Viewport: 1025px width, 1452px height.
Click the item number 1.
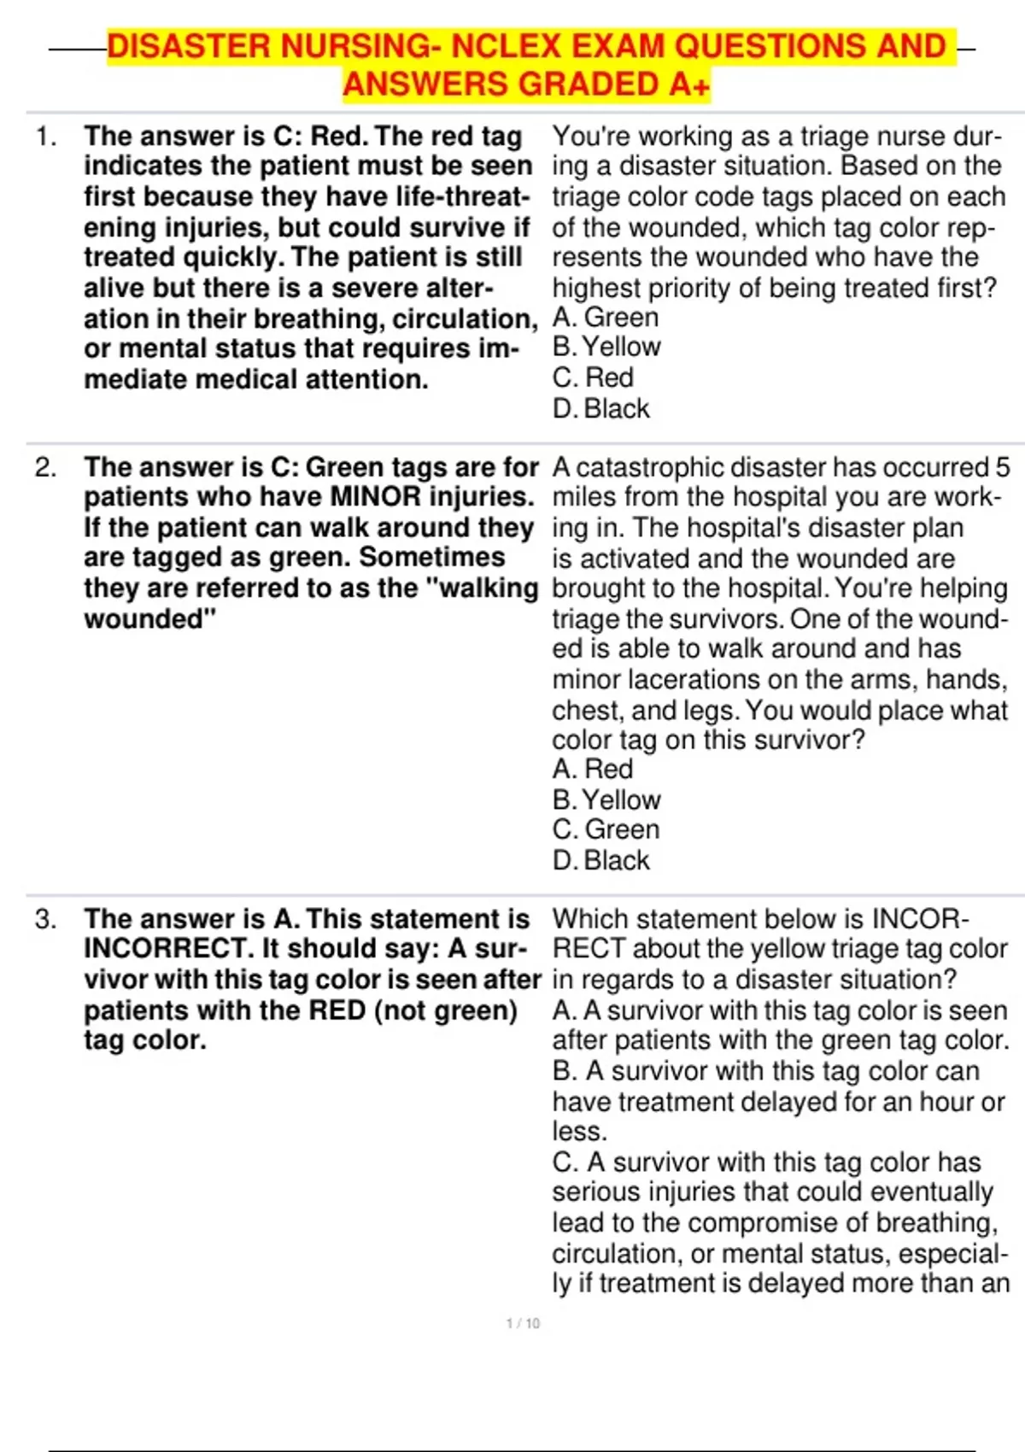click(45, 136)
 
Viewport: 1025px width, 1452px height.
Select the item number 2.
click(45, 467)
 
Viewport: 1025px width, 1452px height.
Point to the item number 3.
click(45, 919)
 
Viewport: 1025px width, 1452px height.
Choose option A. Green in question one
click(606, 318)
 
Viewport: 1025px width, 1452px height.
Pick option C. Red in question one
click(593, 378)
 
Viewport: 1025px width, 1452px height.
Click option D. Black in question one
click(600, 408)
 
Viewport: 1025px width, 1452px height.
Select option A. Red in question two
click(593, 769)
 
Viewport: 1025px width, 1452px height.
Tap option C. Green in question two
click(606, 829)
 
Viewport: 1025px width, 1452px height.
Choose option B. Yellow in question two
click(606, 799)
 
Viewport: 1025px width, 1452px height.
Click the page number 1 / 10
click(523, 1323)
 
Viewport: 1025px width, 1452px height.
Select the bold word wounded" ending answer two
click(149, 618)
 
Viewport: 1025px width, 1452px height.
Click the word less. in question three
click(579, 1131)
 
